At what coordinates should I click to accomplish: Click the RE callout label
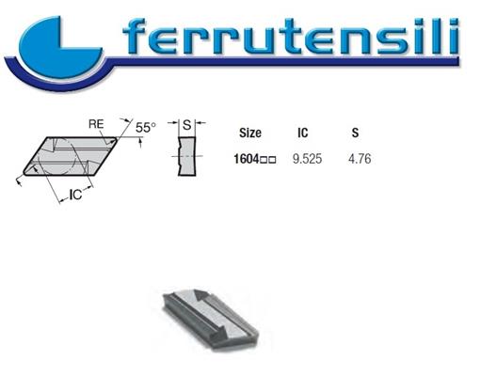(x=95, y=124)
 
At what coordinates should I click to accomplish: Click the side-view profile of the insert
(x=187, y=155)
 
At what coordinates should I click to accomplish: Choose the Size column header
(x=251, y=133)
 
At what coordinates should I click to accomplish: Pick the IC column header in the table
(x=303, y=133)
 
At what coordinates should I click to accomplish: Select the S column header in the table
(x=355, y=133)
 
